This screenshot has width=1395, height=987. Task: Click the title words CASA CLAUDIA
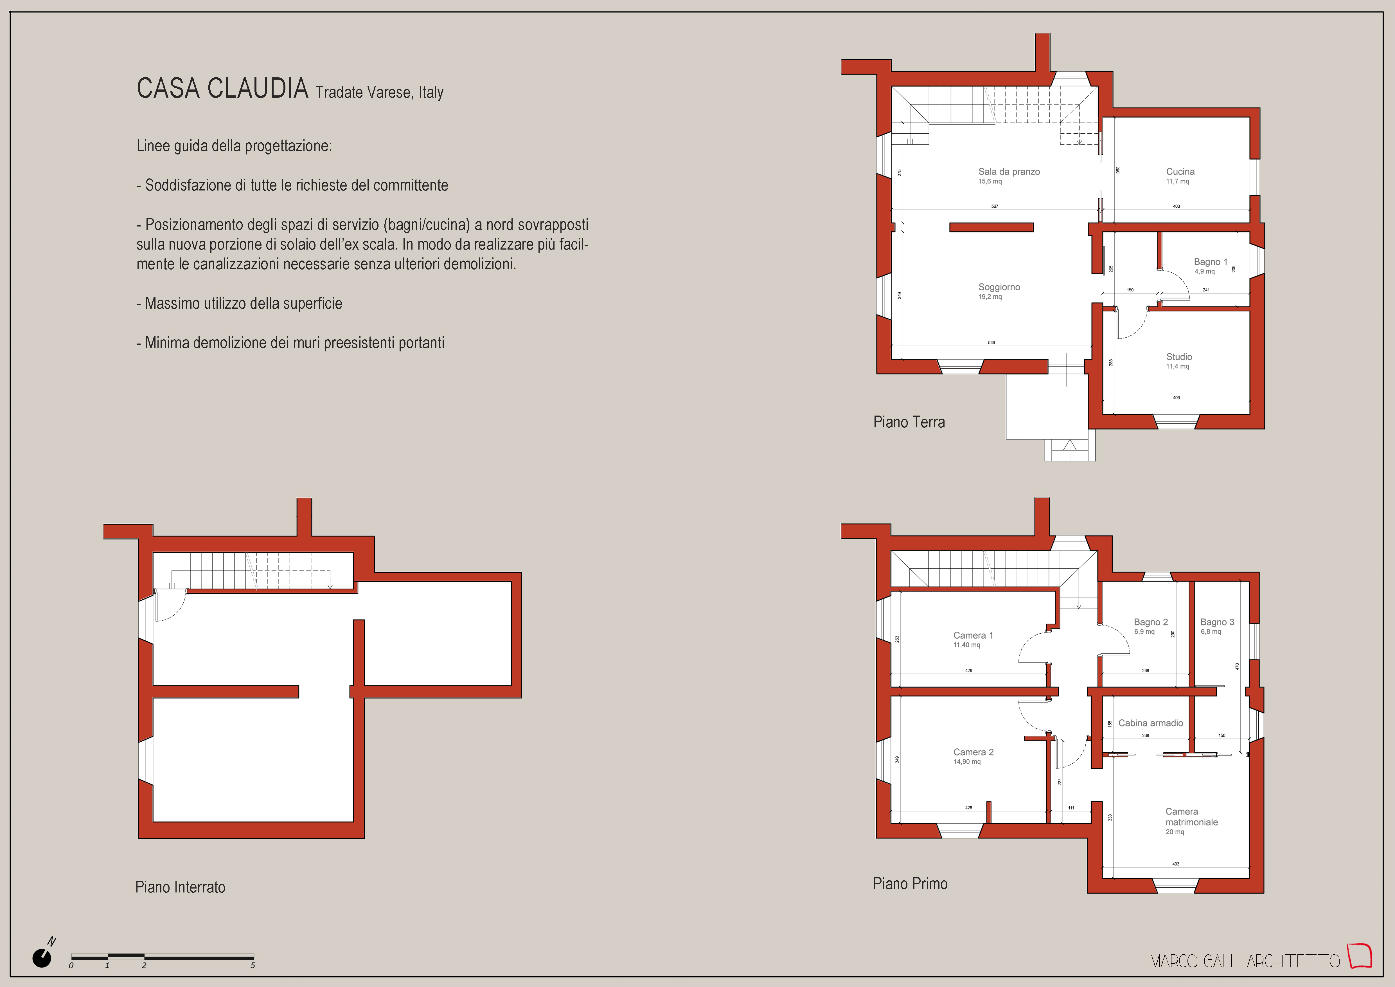[x=222, y=88]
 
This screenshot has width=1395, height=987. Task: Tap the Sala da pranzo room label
[x=1009, y=171]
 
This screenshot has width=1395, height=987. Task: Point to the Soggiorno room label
[x=999, y=287]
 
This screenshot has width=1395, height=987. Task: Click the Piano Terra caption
[x=909, y=422]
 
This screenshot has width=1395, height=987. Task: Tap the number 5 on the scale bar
[x=253, y=965]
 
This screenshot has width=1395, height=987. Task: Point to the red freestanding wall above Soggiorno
[x=991, y=227]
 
